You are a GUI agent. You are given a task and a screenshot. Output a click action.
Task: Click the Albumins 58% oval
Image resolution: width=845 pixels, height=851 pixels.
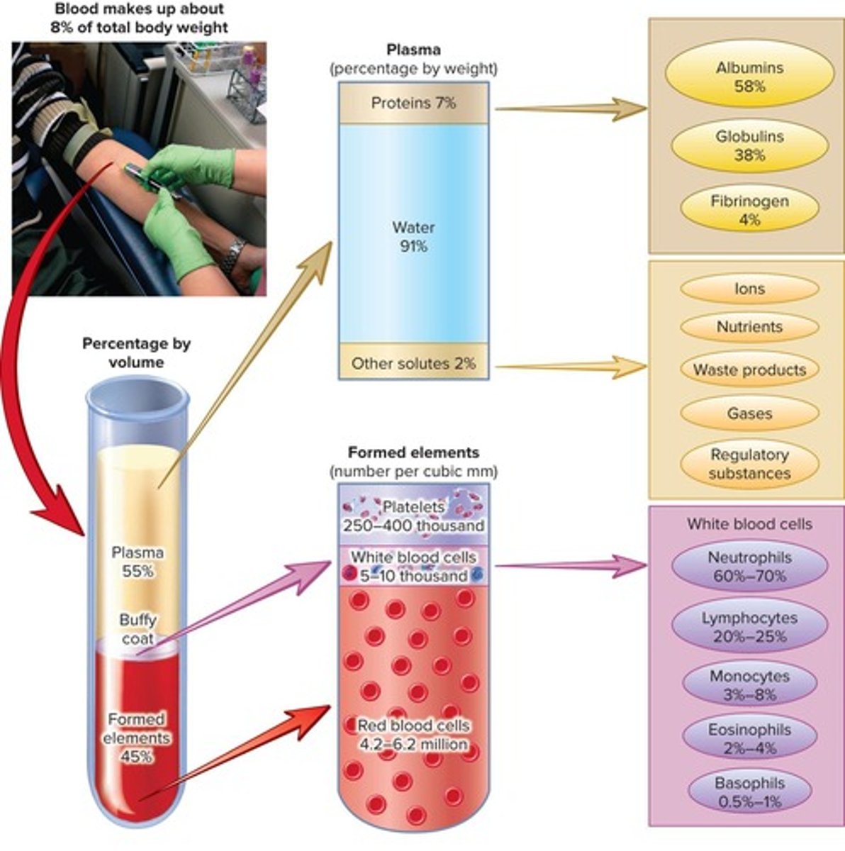point(749,77)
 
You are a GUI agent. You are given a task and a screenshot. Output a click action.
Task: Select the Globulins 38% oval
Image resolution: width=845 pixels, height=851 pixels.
point(749,145)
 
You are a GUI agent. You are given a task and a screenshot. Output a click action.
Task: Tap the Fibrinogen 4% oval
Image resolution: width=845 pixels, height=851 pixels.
point(749,211)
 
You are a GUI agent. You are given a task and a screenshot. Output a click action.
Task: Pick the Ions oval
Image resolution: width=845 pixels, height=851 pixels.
point(749,289)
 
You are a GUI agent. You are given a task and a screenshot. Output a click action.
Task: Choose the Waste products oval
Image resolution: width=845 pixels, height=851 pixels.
point(749,369)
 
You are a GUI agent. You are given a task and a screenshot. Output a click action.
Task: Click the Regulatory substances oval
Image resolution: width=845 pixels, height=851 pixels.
point(749,464)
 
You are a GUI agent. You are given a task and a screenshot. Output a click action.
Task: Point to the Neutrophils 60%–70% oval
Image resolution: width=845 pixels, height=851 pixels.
point(749,567)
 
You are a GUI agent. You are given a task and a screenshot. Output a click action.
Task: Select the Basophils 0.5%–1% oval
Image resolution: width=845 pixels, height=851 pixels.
point(749,792)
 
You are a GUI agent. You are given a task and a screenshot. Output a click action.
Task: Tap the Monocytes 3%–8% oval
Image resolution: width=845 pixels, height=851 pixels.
point(749,685)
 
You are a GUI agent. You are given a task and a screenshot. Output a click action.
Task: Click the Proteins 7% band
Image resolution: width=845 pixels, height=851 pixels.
point(413,104)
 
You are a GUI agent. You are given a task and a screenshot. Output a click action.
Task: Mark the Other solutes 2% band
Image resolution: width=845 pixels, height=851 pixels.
point(413,364)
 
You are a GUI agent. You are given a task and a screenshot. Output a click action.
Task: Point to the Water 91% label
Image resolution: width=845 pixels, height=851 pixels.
point(413,237)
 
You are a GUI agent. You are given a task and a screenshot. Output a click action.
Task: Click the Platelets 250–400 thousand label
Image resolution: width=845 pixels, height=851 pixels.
point(413,516)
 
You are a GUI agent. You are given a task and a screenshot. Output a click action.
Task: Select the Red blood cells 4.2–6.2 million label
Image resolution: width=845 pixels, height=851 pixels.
point(413,735)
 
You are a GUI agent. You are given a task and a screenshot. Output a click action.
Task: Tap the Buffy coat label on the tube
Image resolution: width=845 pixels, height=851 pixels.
point(138,629)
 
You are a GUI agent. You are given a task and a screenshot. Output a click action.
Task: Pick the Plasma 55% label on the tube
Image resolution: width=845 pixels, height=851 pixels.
point(138,562)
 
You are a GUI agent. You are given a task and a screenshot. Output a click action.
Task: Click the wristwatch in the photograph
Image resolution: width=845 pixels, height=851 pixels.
point(232,256)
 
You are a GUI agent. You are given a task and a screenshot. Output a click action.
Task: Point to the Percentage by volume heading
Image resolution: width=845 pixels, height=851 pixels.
point(136,352)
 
